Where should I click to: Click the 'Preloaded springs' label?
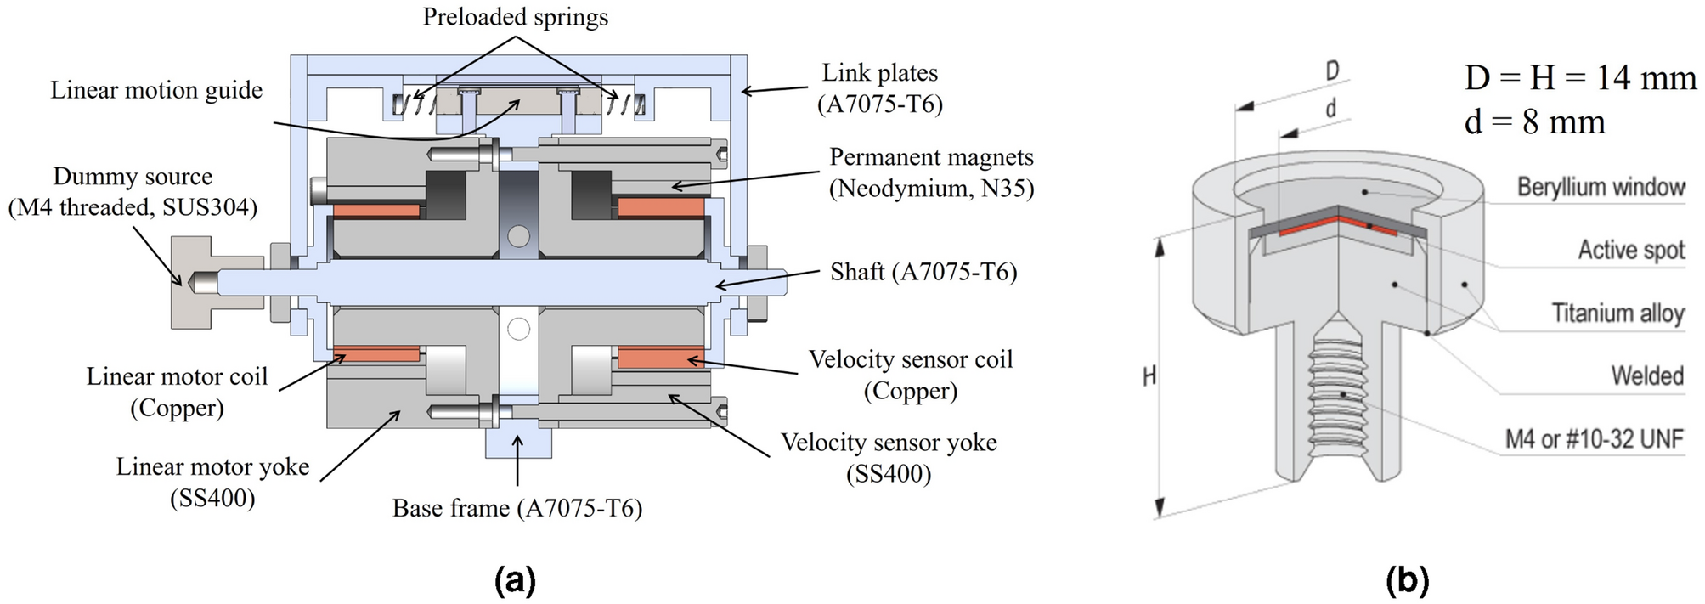tap(515, 17)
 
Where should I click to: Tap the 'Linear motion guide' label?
tap(156, 90)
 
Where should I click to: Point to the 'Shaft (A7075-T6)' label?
tap(923, 272)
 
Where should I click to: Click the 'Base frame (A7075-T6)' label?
tap(517, 508)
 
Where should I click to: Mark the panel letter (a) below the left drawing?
tap(515, 581)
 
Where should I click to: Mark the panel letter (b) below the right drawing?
tap(1407, 581)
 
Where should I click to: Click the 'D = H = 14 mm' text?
tap(1580, 78)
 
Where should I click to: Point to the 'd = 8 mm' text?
tap(1534, 122)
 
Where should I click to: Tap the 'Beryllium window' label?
tap(1601, 187)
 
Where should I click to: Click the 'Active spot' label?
tap(1631, 250)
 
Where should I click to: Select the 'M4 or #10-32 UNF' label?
tap(1594, 439)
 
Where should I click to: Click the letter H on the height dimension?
tap(1149, 375)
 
